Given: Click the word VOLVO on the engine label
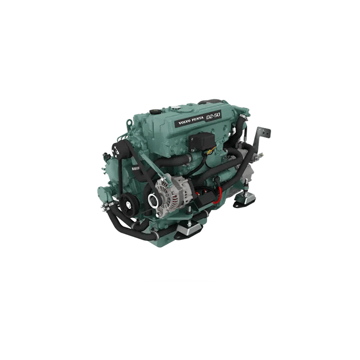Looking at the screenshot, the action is click(x=184, y=121).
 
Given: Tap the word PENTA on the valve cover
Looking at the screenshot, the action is click(x=197, y=119).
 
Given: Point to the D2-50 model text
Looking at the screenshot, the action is click(x=213, y=116).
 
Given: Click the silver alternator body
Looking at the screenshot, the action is click(x=171, y=192).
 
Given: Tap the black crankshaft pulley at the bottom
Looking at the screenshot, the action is click(x=129, y=204).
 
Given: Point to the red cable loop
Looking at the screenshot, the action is click(x=218, y=195).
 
